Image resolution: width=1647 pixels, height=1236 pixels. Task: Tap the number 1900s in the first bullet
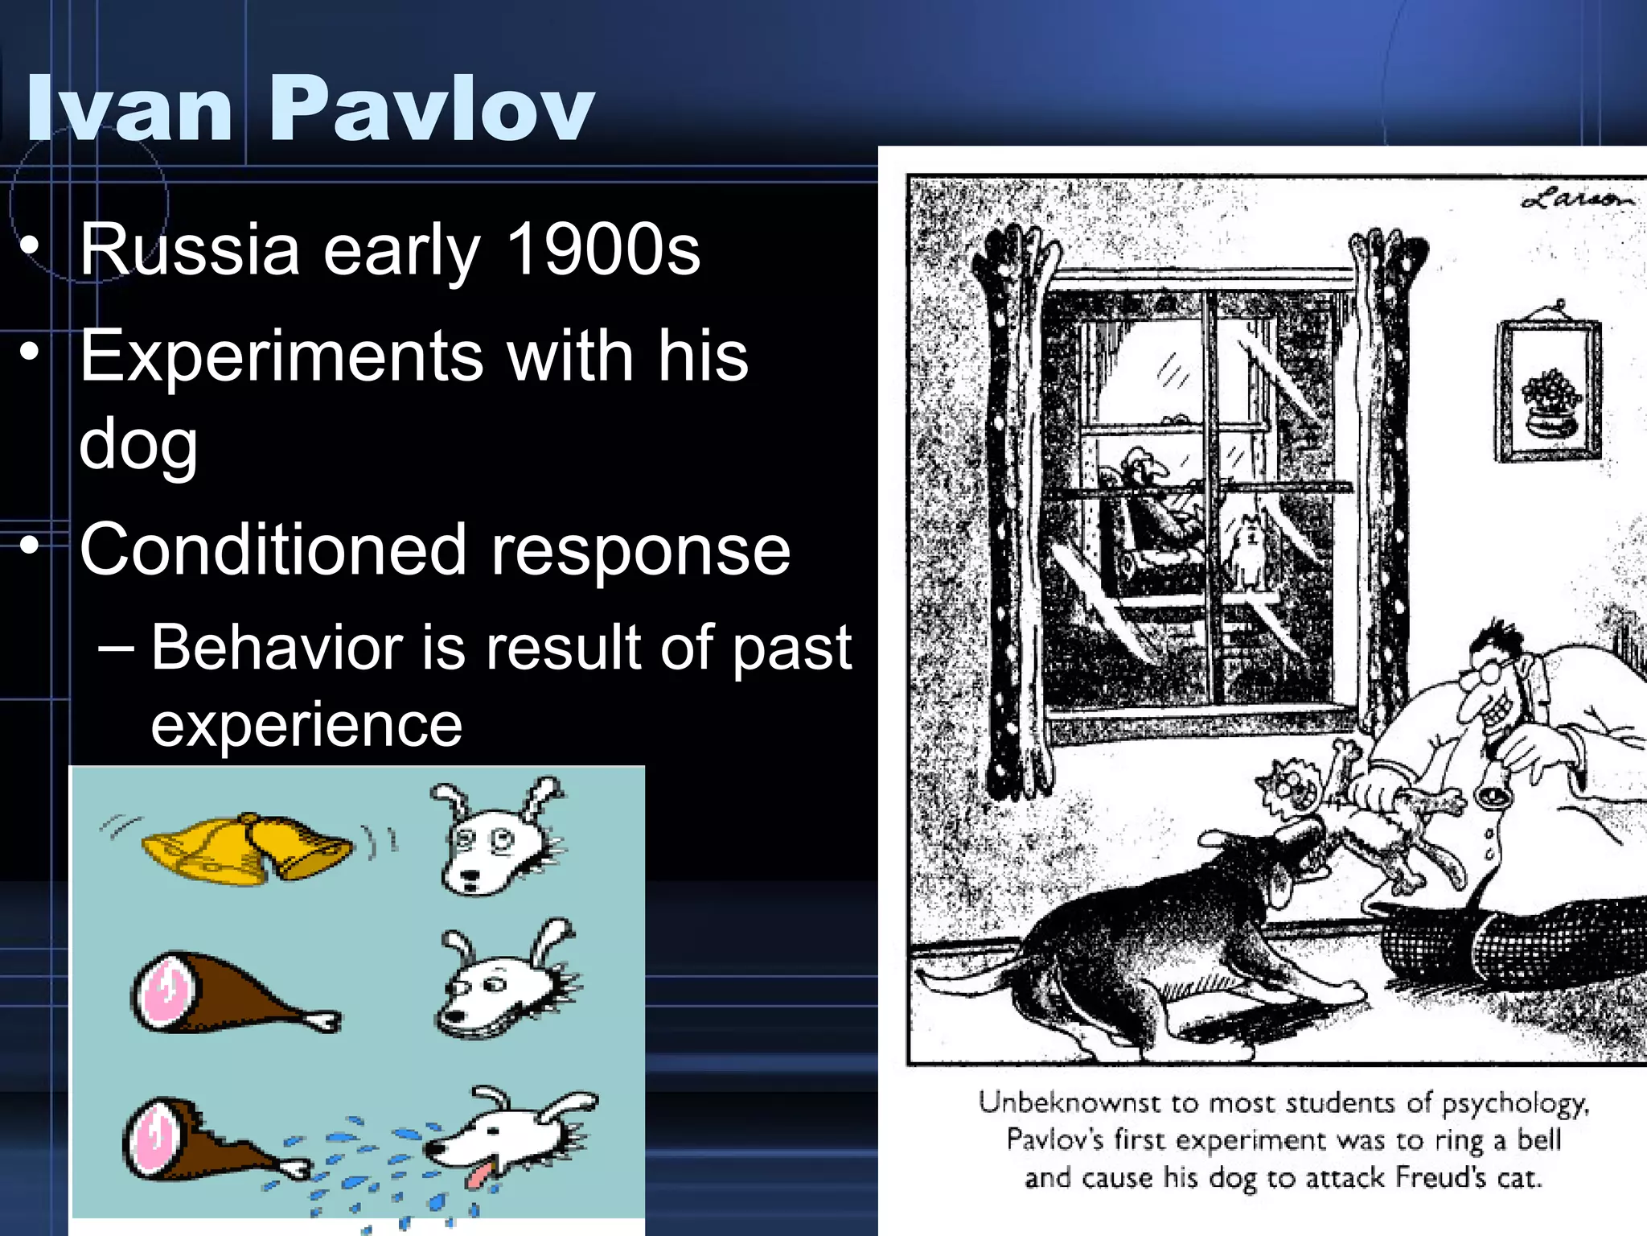coord(603,249)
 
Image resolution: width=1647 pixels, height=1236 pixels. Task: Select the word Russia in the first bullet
coord(189,249)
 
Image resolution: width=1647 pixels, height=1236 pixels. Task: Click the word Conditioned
coord(273,550)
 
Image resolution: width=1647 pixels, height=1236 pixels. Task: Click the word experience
coord(306,724)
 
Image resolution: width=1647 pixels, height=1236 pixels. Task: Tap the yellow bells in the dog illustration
coord(245,849)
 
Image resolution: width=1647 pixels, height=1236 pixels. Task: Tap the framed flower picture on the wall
coord(1548,390)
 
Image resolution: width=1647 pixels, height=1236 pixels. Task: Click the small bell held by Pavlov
coord(1493,793)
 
